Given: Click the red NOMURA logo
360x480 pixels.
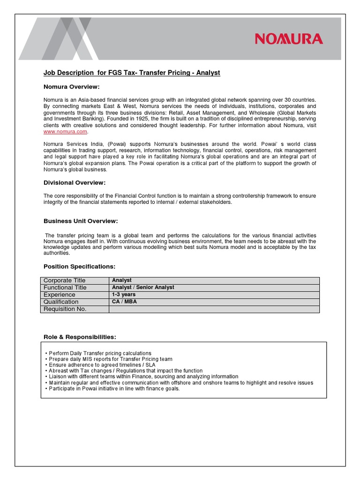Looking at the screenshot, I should (x=289, y=38).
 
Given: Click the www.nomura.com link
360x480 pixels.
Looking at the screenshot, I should (x=66, y=132).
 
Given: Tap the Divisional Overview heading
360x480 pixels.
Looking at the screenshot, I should (x=75, y=182).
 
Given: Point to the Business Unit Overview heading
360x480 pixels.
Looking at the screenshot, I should (x=81, y=221).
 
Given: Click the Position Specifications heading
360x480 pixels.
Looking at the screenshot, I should (x=79, y=266).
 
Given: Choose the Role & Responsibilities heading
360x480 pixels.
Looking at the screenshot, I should (x=80, y=337).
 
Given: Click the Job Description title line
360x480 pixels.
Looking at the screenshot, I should (x=132, y=73).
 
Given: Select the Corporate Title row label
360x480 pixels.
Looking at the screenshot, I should (x=65, y=280).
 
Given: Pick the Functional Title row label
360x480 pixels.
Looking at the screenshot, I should (x=65, y=287).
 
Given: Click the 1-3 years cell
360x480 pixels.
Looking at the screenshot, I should (x=124, y=294).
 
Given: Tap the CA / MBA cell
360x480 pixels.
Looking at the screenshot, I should (x=124, y=302).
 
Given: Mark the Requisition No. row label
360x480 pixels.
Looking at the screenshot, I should (x=65, y=309).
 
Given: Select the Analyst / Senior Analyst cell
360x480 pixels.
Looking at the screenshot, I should (x=143, y=287).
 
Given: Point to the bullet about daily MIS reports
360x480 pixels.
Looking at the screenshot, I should (x=109, y=359).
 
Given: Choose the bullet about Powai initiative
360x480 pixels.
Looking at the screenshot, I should (x=112, y=389).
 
